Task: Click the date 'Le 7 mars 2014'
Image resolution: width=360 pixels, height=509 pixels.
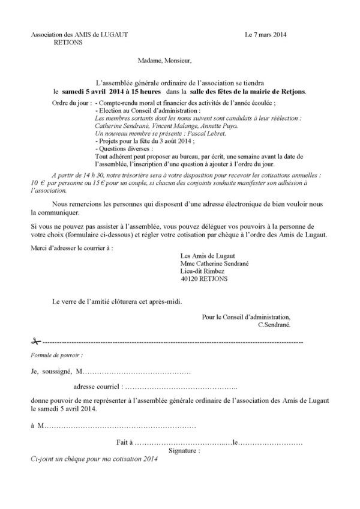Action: pos(266,35)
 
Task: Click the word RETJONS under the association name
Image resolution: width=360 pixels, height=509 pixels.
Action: pos(69,43)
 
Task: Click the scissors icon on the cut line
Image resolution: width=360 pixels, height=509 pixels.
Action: pos(35,341)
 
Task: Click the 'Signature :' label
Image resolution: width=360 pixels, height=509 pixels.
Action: pos(185,450)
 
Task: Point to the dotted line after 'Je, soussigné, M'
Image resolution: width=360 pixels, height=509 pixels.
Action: pos(138,372)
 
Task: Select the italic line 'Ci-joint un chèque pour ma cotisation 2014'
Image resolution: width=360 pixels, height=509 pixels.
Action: pos(94,459)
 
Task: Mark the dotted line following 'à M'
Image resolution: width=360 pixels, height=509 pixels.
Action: pos(120,426)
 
